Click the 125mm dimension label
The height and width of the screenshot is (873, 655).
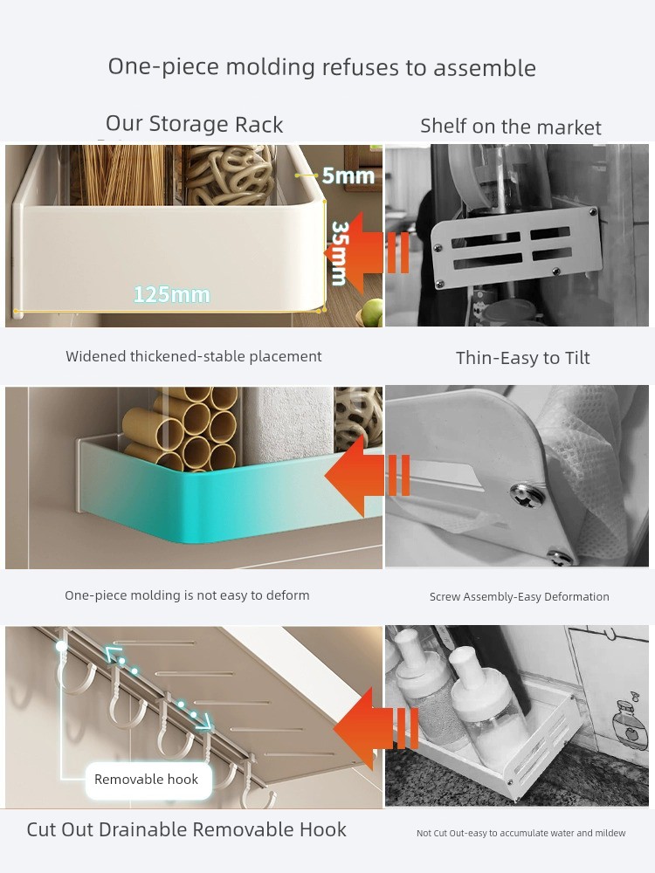(x=171, y=294)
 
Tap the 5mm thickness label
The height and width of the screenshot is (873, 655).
(x=348, y=175)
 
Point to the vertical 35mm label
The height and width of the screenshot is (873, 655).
(x=340, y=253)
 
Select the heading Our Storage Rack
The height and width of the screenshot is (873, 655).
(x=195, y=124)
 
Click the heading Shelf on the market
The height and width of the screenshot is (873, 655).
(x=511, y=127)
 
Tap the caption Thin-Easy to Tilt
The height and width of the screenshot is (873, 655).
(x=522, y=357)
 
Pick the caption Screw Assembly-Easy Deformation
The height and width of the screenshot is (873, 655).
(x=519, y=597)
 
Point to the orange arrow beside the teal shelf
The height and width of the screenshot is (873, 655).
(x=368, y=476)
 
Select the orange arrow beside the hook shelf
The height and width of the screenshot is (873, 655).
(x=376, y=728)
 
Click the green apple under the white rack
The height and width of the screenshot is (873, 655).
(x=371, y=313)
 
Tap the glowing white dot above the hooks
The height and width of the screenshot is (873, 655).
(x=61, y=646)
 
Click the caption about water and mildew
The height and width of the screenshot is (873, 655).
(x=521, y=833)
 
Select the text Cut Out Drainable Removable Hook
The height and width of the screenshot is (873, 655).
(x=187, y=829)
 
